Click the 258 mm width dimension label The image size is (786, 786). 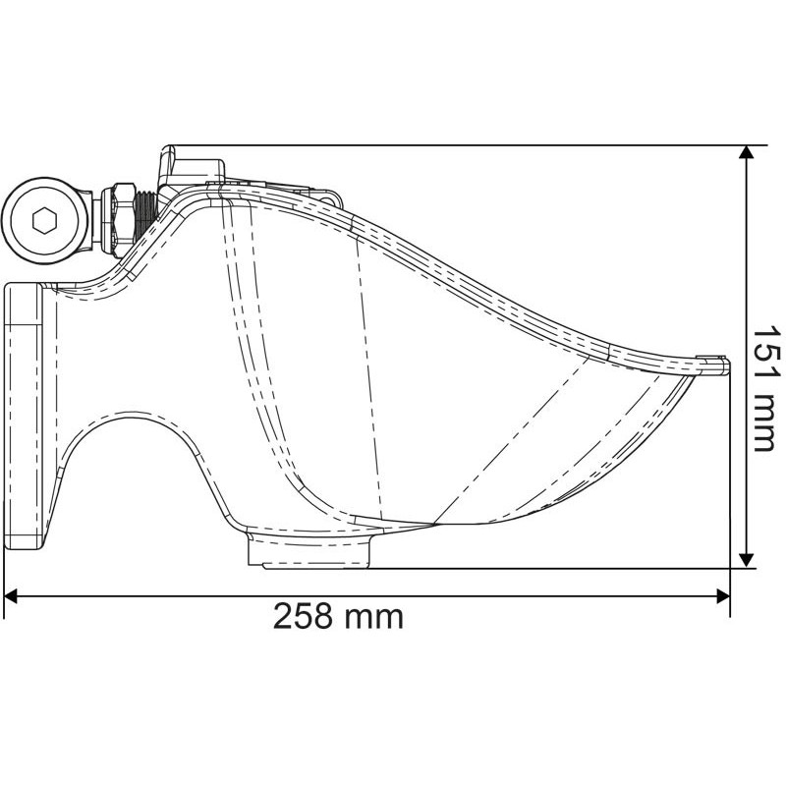[x=338, y=616]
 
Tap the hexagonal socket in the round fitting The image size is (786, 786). [x=44, y=220]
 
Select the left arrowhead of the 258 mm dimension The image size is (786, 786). [x=11, y=596]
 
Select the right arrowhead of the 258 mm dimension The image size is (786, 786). [x=723, y=596]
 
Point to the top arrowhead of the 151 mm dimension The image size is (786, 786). [x=747, y=152]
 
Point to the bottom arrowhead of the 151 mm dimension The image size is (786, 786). [x=747, y=561]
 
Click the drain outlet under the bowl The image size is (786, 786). [x=309, y=551]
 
